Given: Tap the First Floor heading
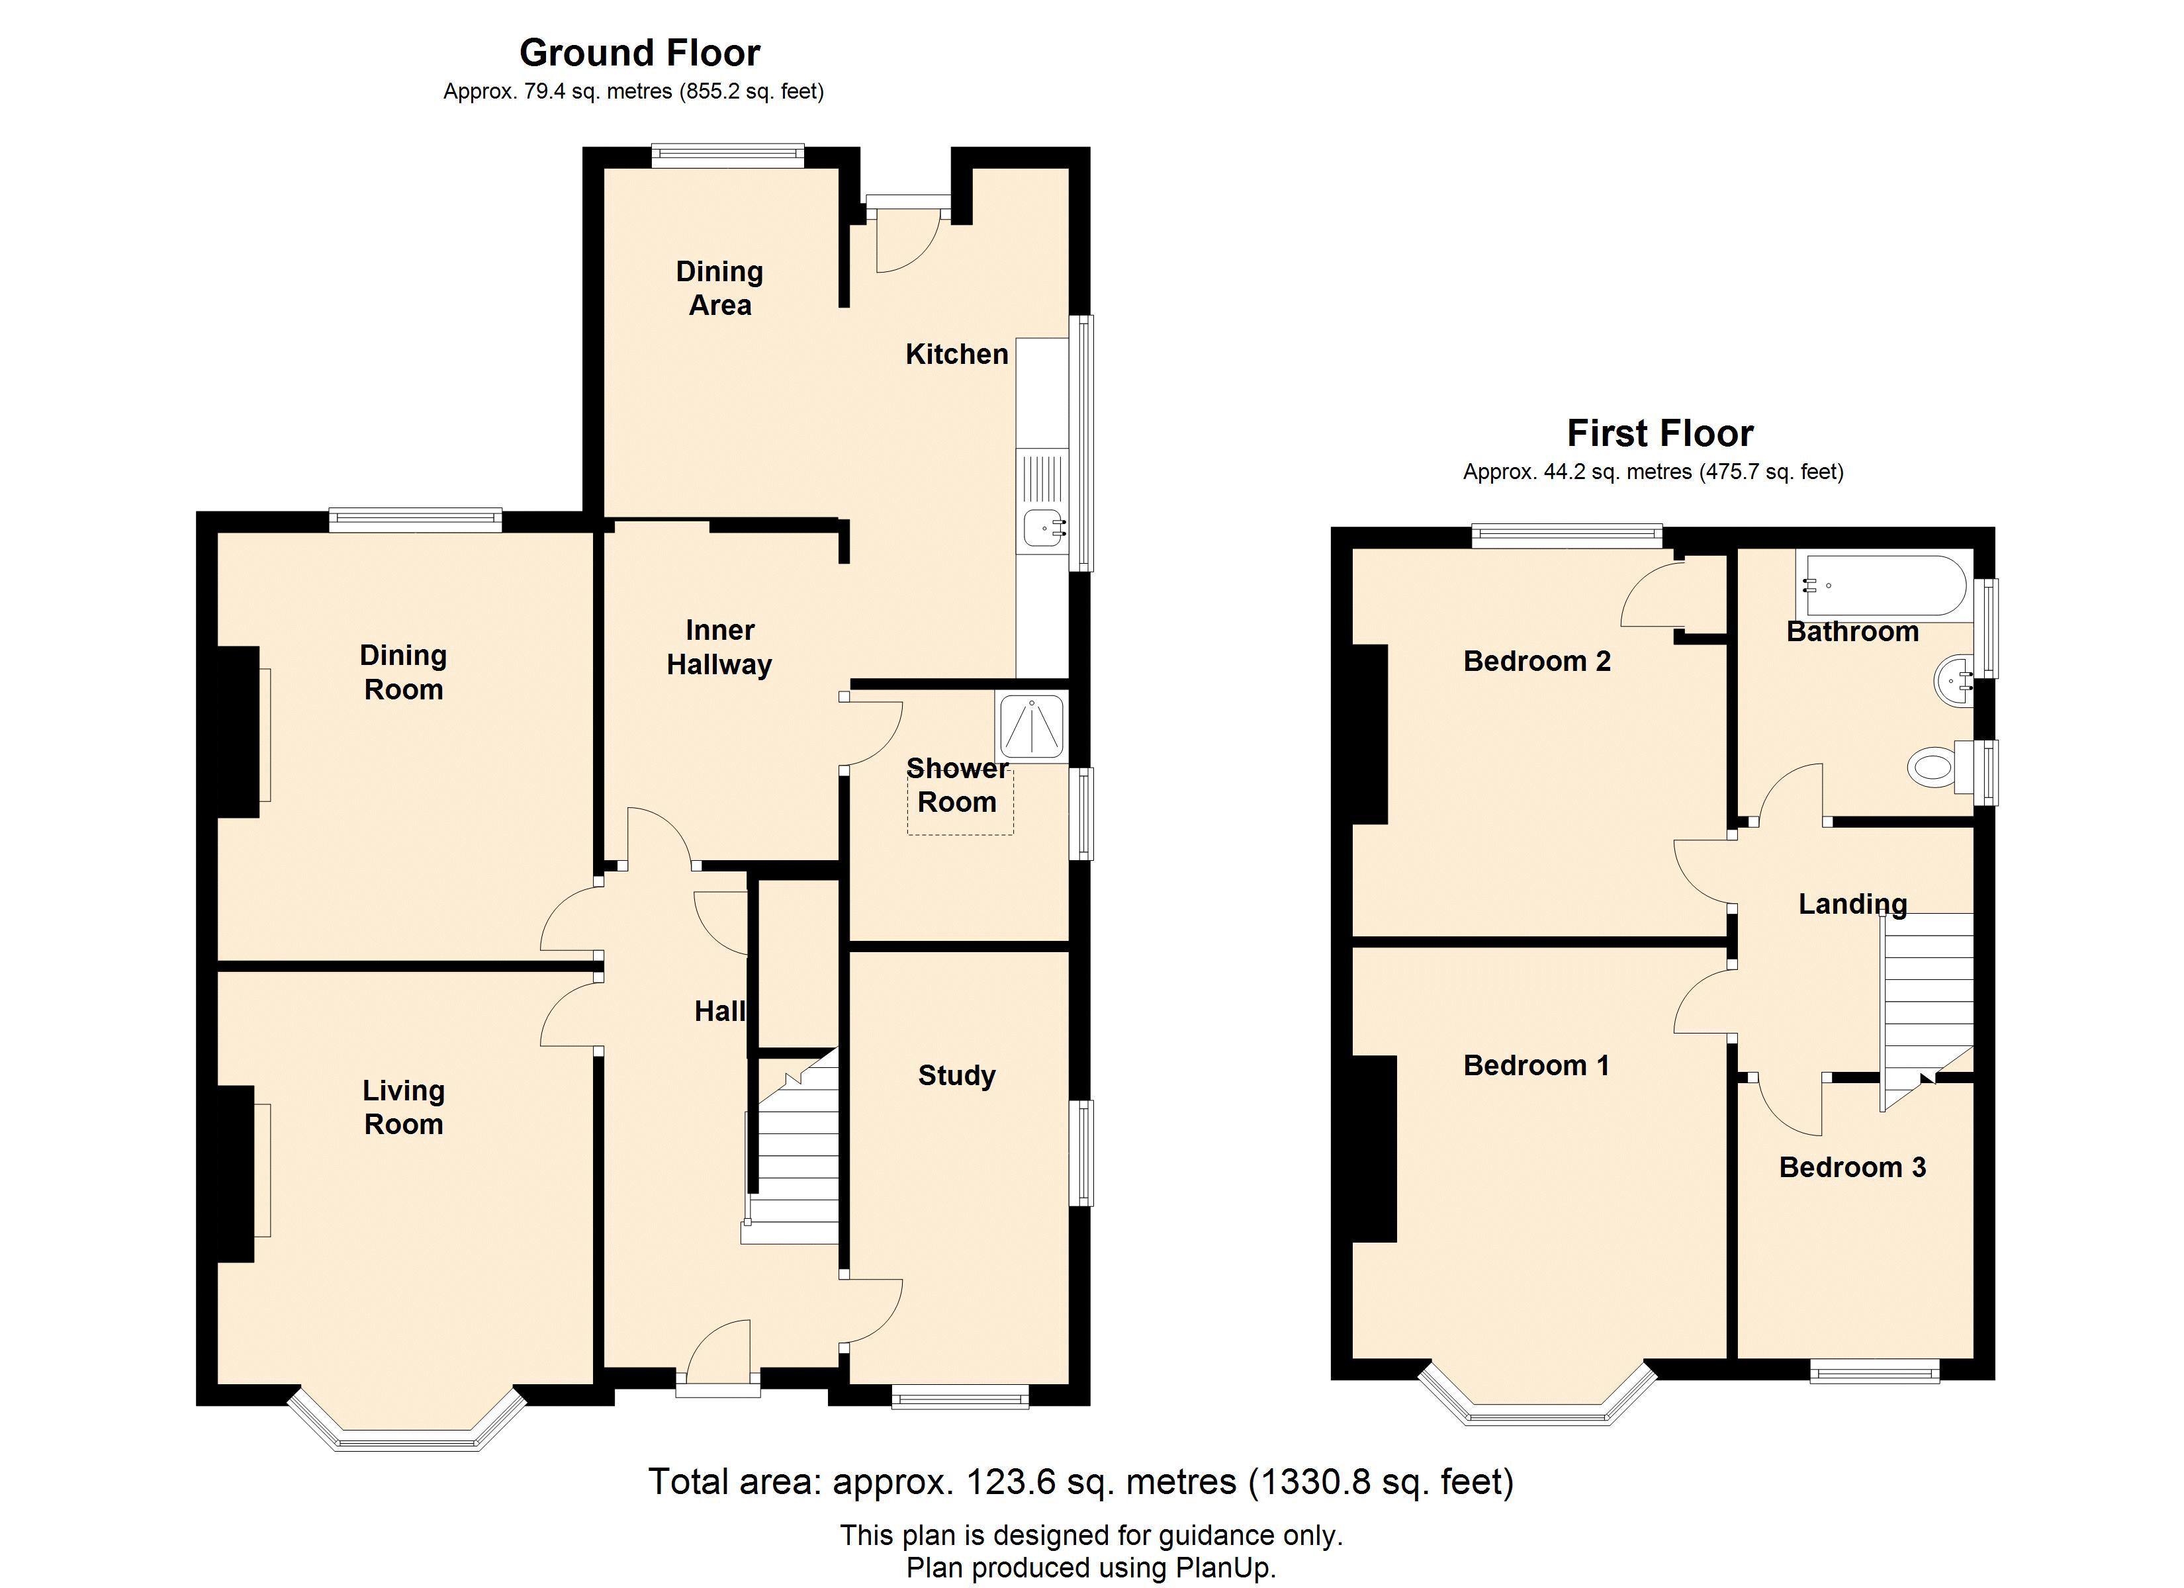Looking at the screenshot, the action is click(1660, 433).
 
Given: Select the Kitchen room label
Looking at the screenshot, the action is click(956, 355).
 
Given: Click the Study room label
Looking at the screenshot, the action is click(956, 1076).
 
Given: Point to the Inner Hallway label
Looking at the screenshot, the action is click(719, 647).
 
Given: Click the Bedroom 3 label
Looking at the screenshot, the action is click(1852, 1167).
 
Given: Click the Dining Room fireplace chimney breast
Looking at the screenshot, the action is click(238, 732).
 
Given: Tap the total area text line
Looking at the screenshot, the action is click(1081, 1481).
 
